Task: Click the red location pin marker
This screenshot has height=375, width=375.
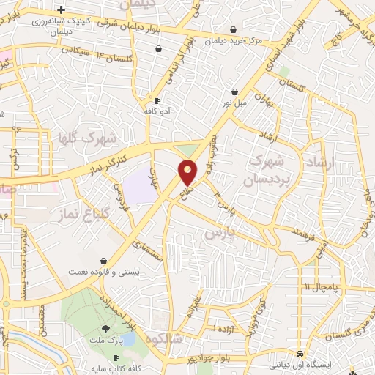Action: (188, 173)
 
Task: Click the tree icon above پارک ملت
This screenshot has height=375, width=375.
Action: (106, 329)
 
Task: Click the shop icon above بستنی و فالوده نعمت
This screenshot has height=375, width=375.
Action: (104, 261)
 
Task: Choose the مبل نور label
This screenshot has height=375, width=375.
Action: (234, 104)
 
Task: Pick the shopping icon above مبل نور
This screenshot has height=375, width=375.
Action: (234, 92)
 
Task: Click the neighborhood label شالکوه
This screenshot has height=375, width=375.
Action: (163, 339)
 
